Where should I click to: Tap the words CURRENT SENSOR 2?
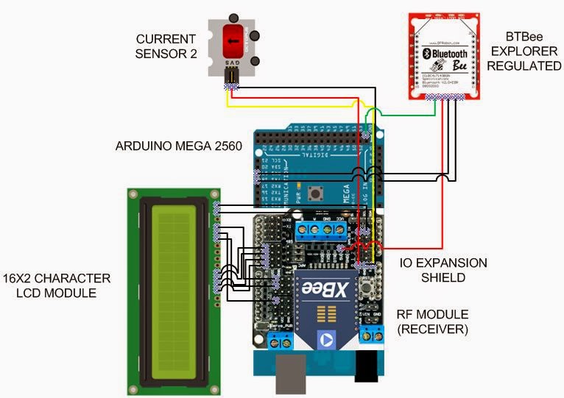166,46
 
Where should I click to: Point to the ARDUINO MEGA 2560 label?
179,146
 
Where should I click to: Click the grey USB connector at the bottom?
290,376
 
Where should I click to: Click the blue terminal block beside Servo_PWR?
278,340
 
